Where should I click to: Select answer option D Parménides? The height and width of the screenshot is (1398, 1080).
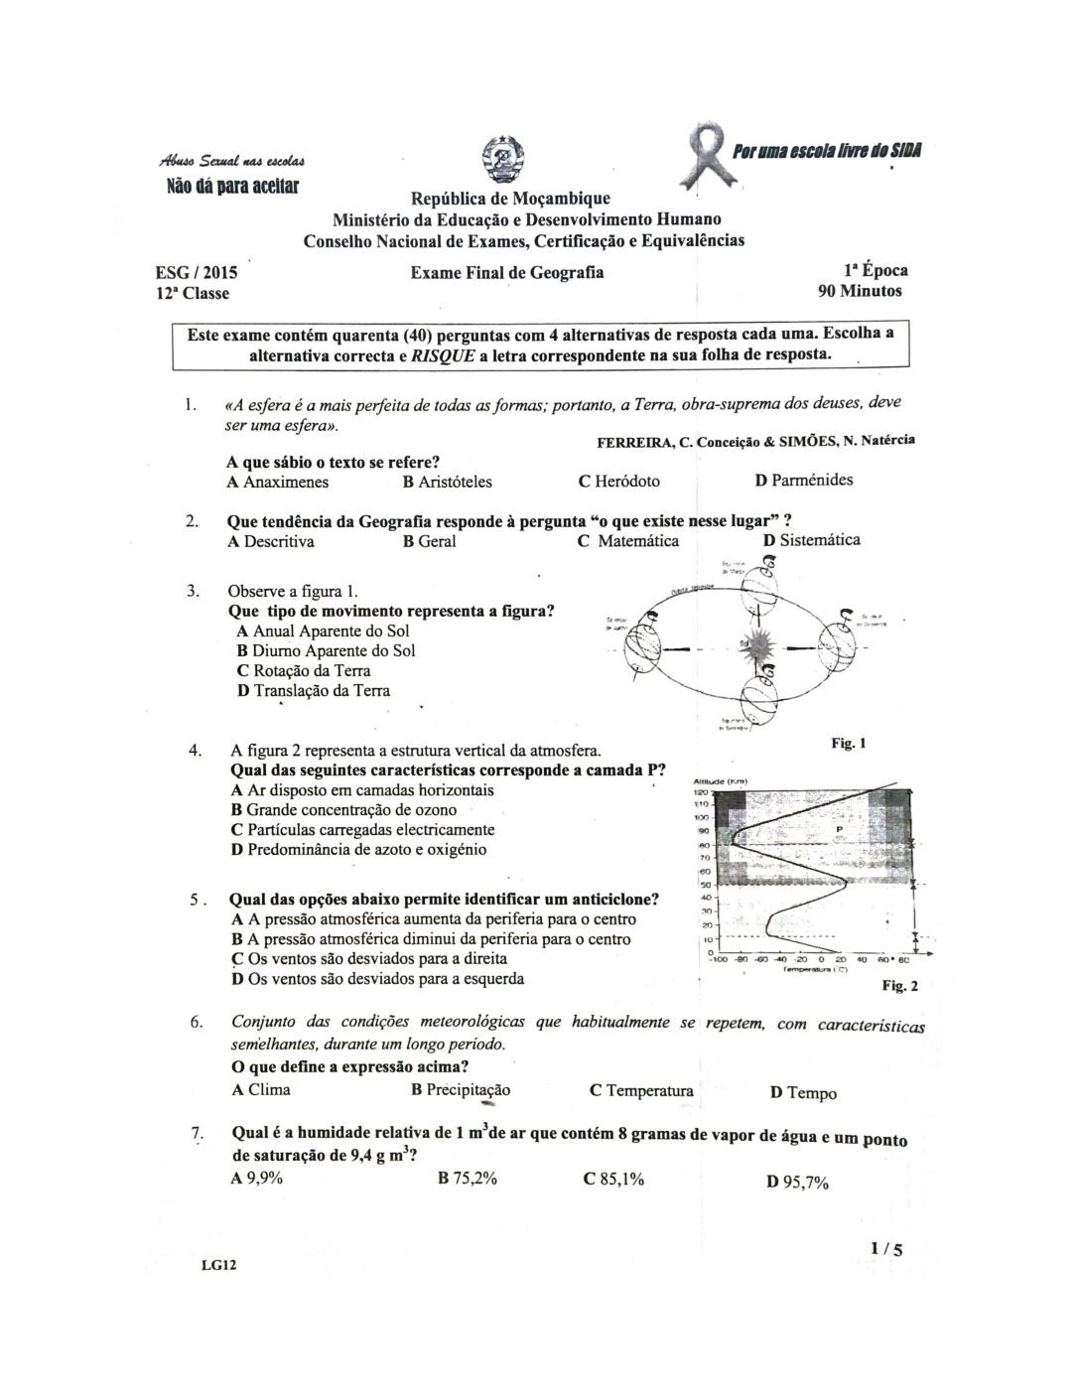coord(803,481)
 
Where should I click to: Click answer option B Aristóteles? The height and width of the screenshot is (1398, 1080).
coord(447,482)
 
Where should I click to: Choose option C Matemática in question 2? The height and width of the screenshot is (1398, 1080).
coord(628,541)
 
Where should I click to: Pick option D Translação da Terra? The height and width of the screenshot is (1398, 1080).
coord(313,691)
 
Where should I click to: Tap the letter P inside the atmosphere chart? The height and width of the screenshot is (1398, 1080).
coord(840,826)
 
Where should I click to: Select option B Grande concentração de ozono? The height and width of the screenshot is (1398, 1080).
coord(343,810)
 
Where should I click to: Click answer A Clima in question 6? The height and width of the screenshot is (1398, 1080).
coord(260,1090)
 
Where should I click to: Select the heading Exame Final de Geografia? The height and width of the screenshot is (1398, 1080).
coord(506,272)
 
